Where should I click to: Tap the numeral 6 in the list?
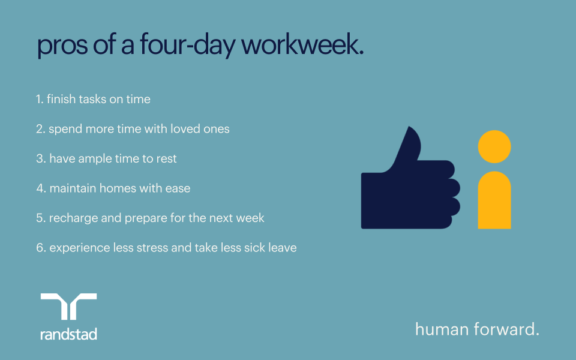coord(40,247)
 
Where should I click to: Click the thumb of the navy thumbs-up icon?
coord(408,147)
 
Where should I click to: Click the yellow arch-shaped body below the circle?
coord(494,201)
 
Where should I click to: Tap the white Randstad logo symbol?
coord(68,307)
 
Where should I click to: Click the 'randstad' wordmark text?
coord(68,334)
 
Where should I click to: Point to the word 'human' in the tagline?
coord(439,329)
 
